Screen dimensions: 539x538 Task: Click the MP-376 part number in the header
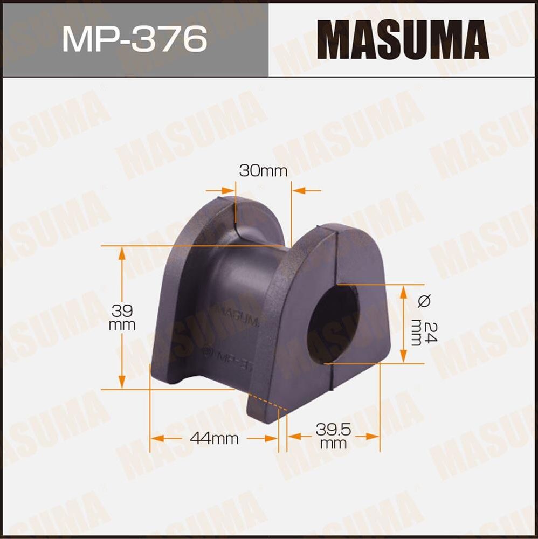pyautogui.click(x=134, y=39)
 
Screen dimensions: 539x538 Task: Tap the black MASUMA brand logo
pyautogui.click(x=403, y=39)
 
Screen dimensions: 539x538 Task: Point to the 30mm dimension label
pyautogui.click(x=263, y=171)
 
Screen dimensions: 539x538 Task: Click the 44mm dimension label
pyautogui.click(x=214, y=439)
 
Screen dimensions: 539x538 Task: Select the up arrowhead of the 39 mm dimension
pyautogui.click(x=123, y=252)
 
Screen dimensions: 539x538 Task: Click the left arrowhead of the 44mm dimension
pyautogui.click(x=156, y=438)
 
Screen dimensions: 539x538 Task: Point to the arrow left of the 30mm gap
pyautogui.click(x=229, y=190)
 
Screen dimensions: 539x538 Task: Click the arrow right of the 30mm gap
pyautogui.click(x=298, y=190)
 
